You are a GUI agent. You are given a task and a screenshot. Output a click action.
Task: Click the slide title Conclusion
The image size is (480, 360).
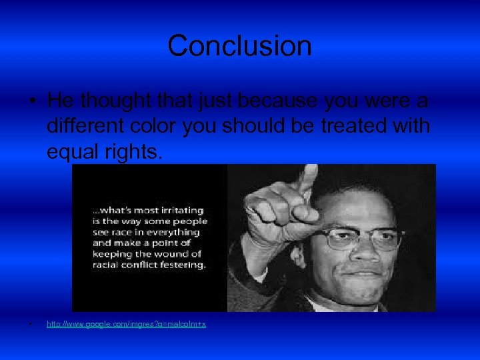coord(239,46)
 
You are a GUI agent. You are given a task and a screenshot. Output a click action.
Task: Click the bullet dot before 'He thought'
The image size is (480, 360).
coord(31,102)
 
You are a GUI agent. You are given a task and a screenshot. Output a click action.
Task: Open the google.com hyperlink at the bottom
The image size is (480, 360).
coord(126,324)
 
